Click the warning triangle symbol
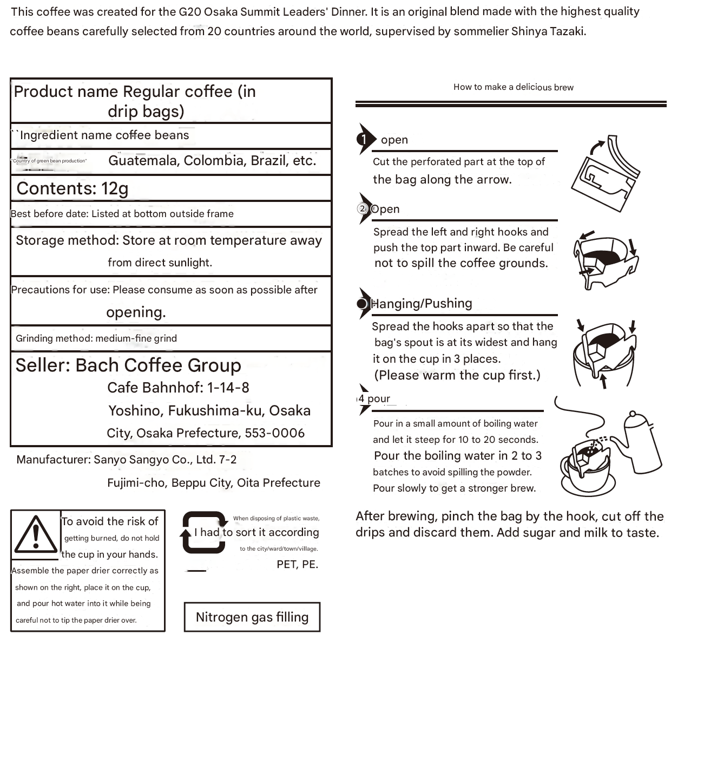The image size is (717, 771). tap(36, 534)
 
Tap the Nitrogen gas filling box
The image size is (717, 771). tap(252, 617)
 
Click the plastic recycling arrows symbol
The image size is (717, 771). tap(203, 533)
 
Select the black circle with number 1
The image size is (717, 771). tap(364, 139)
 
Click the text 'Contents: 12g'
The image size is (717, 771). tap(73, 188)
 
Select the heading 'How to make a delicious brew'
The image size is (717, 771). tap(513, 87)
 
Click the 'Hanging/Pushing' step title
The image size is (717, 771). tap(422, 304)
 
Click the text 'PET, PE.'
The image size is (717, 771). tap(297, 564)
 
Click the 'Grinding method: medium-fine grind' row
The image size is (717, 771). tap(96, 338)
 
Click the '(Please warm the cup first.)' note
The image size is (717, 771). tap(457, 375)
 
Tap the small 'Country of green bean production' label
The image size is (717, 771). tap(49, 161)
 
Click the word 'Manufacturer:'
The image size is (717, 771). tap(53, 460)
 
